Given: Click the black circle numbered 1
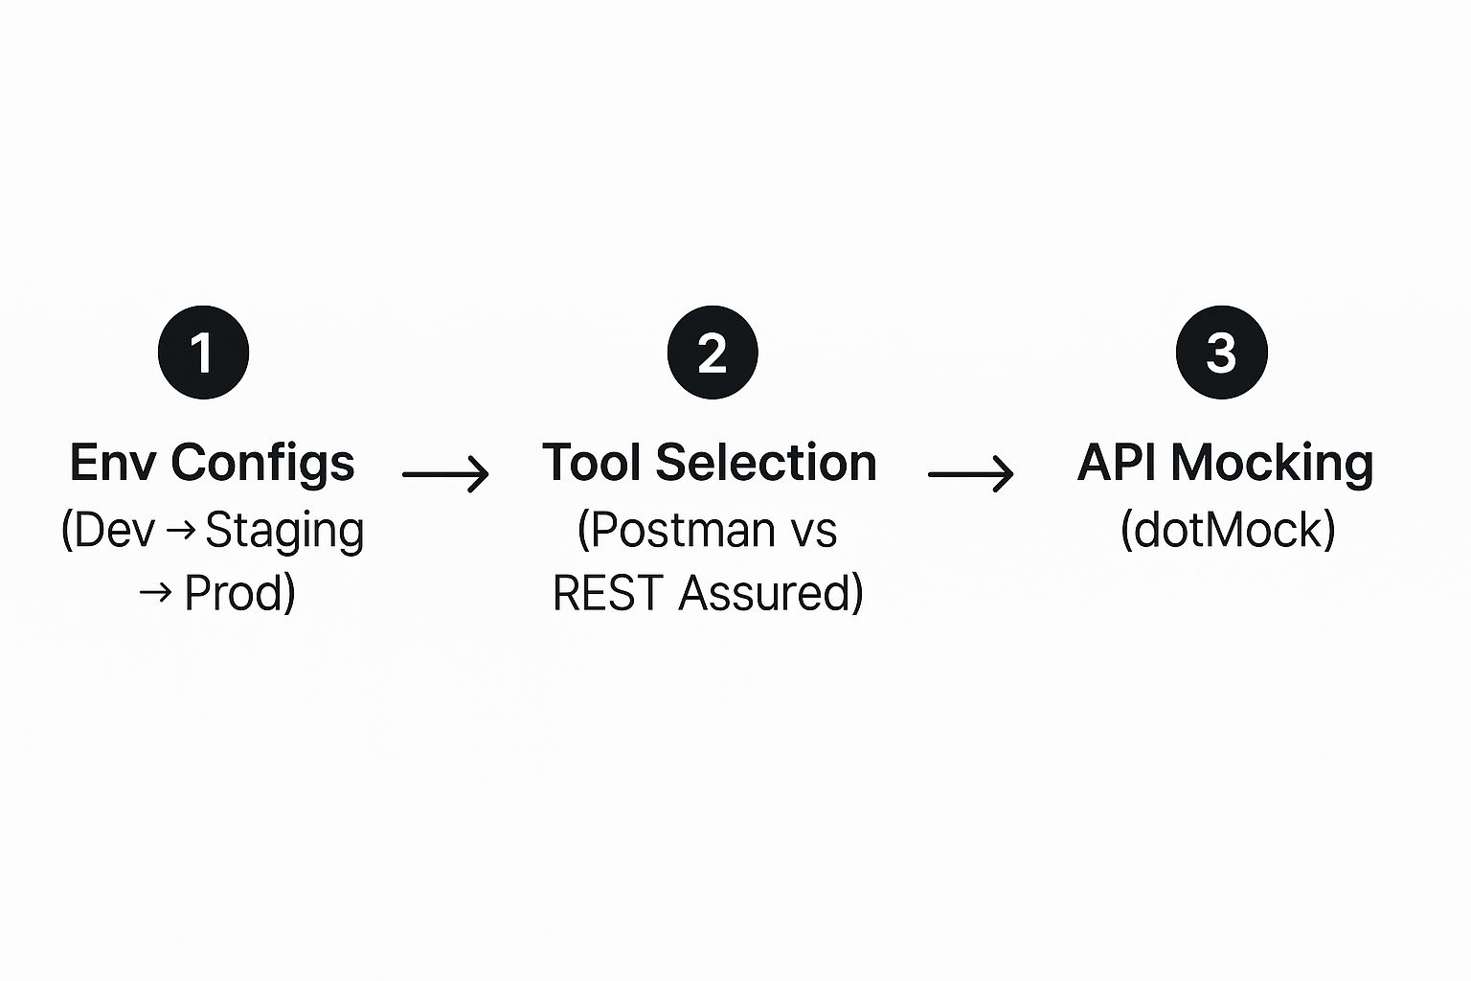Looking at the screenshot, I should (203, 352).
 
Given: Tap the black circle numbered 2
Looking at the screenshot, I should (713, 352).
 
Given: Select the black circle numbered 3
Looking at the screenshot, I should (1221, 352).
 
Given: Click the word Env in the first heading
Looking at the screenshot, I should (113, 463).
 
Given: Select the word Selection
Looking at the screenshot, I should (766, 463).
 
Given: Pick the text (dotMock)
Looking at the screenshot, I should (1227, 530).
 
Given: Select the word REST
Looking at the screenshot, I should (608, 593).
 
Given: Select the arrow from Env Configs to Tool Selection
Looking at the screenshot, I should (445, 473).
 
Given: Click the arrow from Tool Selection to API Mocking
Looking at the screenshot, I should (970, 473).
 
